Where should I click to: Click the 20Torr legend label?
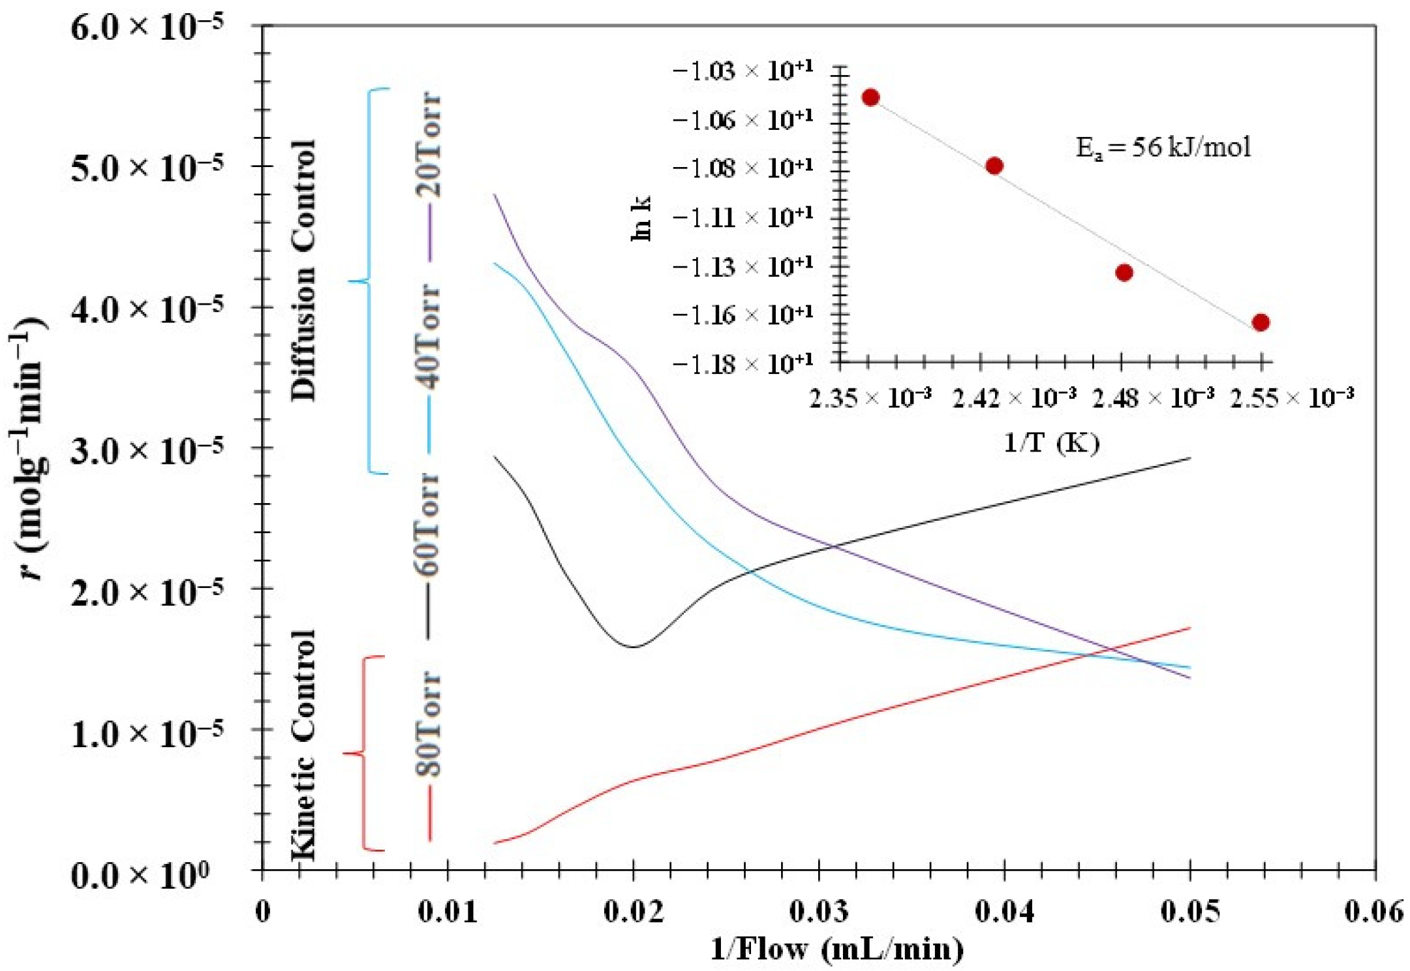(429, 145)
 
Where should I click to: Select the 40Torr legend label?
(429, 336)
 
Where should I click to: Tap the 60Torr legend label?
(429, 524)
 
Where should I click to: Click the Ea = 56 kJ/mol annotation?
(1163, 147)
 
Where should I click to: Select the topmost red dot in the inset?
(870, 97)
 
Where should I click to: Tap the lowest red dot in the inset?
(1261, 322)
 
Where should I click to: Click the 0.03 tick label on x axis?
(819, 911)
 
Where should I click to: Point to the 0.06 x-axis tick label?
(1374, 911)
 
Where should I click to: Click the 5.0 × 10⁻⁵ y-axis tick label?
(147, 167)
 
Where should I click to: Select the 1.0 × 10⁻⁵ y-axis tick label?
(147, 732)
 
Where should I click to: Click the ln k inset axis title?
(641, 219)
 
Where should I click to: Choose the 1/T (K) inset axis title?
(1051, 442)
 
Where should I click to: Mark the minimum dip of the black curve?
(634, 647)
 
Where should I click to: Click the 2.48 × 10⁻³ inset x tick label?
(1153, 397)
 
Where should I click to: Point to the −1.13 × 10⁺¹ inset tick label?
(743, 266)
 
